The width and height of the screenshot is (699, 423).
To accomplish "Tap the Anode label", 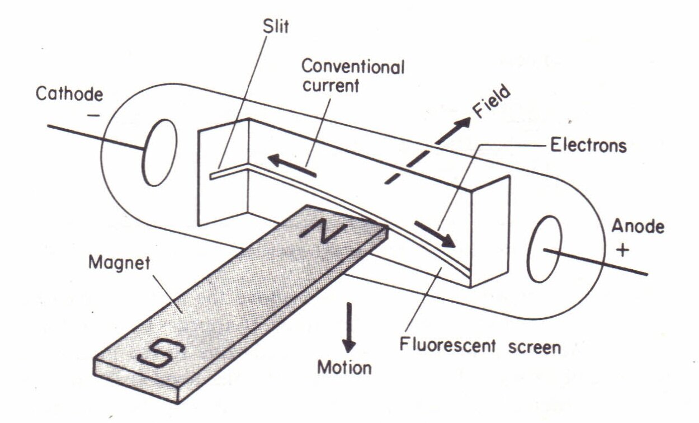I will [637, 227].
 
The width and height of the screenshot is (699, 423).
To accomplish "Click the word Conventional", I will [353, 68].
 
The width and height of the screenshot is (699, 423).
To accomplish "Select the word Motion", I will [344, 368].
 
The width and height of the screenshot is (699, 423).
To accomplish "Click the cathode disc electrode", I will [159, 152].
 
